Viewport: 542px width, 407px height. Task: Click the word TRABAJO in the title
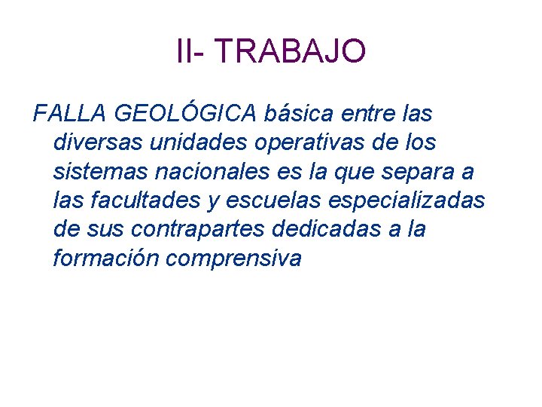[291, 52]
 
